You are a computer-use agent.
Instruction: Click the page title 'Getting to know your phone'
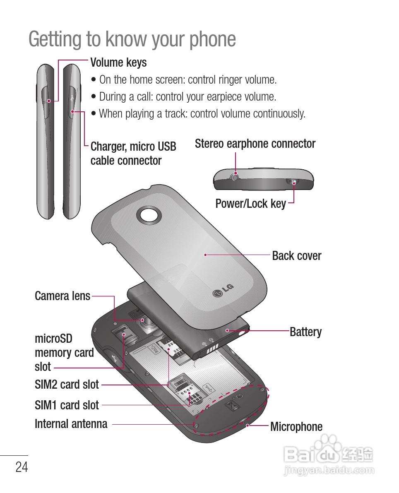[x=132, y=39]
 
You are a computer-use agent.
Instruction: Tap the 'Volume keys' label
[x=118, y=63]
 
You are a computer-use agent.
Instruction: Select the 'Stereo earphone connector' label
[x=255, y=144]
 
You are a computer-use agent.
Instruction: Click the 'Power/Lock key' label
[x=250, y=204]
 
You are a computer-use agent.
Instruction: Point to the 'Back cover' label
[x=296, y=256]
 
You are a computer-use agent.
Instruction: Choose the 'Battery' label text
[x=305, y=332]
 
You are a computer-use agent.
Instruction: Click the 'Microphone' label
[x=296, y=426]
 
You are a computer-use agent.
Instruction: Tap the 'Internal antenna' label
[x=71, y=424]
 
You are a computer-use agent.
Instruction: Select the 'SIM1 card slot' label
[x=67, y=405]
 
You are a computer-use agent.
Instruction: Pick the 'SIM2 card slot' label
[x=67, y=385]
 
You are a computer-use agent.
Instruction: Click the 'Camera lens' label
[x=62, y=296]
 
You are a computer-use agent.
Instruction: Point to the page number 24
[x=22, y=467]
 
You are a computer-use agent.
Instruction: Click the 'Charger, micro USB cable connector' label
[x=133, y=153]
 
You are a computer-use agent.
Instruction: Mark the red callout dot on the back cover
[x=205, y=255]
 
